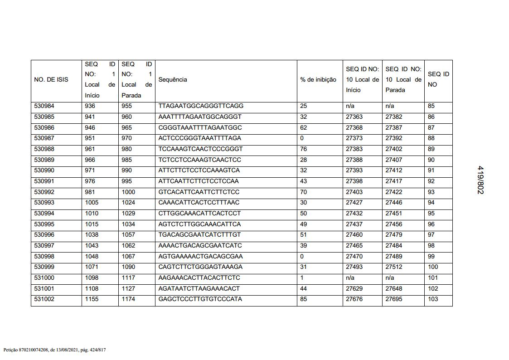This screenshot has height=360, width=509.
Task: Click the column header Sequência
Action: [173, 80]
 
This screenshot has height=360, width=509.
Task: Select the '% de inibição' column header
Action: [318, 80]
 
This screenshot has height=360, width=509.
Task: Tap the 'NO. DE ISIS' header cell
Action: [51, 80]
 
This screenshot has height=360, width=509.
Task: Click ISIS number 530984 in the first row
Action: [44, 106]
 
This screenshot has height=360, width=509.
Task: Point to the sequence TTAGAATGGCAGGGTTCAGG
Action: [201, 106]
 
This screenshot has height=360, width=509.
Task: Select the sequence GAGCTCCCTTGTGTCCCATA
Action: [200, 299]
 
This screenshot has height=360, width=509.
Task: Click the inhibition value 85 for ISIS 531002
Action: [304, 299]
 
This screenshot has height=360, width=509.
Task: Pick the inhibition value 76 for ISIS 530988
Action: [304, 149]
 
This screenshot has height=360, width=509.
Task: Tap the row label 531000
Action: [44, 278]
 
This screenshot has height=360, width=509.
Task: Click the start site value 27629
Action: [354, 288]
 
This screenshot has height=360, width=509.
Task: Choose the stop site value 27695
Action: [394, 299]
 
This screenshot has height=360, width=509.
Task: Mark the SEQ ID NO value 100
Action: [433, 267]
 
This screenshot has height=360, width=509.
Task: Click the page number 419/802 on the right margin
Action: [480, 180]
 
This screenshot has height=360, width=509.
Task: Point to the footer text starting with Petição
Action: [55, 350]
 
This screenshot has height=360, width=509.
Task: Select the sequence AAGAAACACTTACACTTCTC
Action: [199, 278]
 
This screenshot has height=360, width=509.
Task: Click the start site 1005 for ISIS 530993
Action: [92, 203]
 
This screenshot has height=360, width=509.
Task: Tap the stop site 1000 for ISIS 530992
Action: [128, 192]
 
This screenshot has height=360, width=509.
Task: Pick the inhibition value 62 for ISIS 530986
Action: [304, 127]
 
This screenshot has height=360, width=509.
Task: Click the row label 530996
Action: [44, 235]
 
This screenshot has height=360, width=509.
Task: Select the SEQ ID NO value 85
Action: [431, 106]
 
